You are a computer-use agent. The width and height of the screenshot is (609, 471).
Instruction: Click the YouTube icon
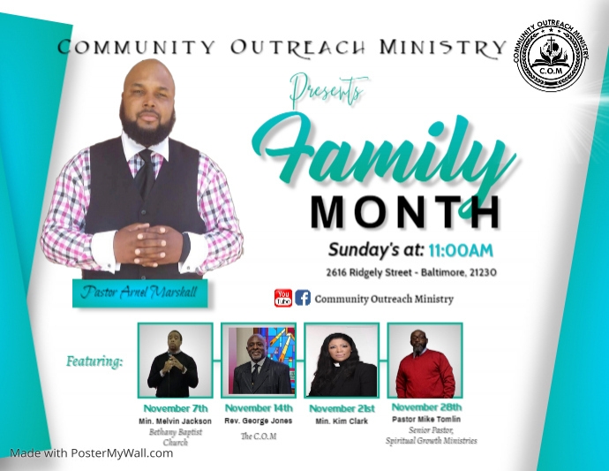click(x=283, y=298)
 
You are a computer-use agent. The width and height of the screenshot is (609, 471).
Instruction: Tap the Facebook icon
click(x=303, y=298)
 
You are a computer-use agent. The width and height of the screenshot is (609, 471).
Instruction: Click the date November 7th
click(x=175, y=408)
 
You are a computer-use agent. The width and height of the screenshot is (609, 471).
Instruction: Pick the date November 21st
click(x=342, y=408)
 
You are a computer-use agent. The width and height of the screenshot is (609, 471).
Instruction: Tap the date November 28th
click(x=426, y=406)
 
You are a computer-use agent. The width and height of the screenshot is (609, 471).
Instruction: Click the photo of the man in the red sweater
click(x=425, y=361)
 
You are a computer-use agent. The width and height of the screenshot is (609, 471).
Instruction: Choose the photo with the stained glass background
click(x=258, y=361)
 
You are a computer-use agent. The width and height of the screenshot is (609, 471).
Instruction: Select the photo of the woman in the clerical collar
click(x=342, y=361)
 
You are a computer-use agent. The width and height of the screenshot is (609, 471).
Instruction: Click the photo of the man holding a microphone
click(x=174, y=361)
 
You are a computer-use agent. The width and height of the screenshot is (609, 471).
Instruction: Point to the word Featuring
click(x=94, y=361)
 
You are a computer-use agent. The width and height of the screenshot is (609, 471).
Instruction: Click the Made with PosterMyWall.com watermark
click(x=91, y=453)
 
